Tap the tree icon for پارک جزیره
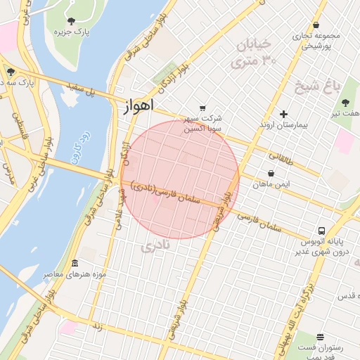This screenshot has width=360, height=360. pos(72,20)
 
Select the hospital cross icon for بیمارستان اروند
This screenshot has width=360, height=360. pos(283,114)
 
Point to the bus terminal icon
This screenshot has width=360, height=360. pos(321,231)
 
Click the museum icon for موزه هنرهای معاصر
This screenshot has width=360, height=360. pos(75,263)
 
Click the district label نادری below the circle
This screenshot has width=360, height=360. pos(155,247)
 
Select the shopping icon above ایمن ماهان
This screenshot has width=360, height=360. pos(271,173)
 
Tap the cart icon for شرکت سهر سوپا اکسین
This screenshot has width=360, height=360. pos(202,108)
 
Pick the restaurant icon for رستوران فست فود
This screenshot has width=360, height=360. pos(320,337)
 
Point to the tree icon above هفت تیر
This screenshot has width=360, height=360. pos(345,103)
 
